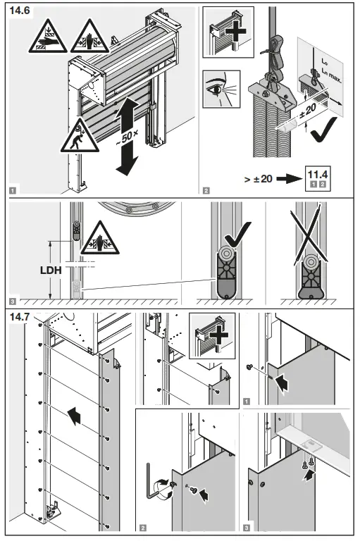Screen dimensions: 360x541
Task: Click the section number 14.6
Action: click(20, 11)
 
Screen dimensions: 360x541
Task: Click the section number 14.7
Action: click(20, 317)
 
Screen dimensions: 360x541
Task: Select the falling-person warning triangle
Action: click(80, 136)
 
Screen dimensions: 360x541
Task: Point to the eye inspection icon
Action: click(221, 89)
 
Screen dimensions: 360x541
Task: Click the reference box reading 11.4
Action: click(318, 179)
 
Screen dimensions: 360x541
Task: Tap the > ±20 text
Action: click(258, 179)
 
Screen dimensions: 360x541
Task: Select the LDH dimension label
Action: click(51, 270)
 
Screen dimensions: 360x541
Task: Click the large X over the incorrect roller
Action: click(309, 238)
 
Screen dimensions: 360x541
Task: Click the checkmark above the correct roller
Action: click(237, 235)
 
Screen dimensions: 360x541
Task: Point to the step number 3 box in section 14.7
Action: click(246, 528)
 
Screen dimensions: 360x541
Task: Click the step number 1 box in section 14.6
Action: click(13, 190)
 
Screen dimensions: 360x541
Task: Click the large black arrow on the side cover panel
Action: click(74, 415)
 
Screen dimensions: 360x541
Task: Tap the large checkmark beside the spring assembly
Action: click(323, 130)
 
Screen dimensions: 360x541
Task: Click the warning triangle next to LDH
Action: click(100, 239)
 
